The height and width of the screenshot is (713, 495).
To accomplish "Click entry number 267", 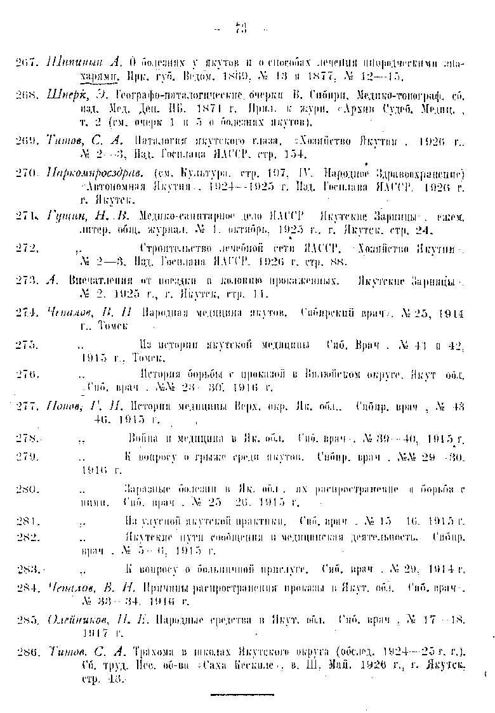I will [28, 63].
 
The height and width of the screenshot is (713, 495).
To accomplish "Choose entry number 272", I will [28, 247].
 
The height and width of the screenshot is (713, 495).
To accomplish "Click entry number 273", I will [28, 280].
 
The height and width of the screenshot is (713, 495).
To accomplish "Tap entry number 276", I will [28, 375].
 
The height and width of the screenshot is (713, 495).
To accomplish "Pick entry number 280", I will [28, 489].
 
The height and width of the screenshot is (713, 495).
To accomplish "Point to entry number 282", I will [28, 537].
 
